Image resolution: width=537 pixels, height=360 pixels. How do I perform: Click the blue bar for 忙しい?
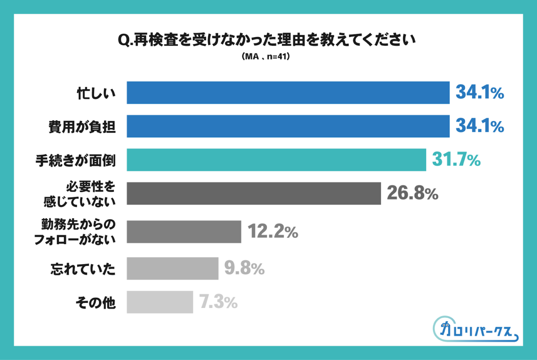288,93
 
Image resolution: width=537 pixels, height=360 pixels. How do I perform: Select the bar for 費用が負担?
288,126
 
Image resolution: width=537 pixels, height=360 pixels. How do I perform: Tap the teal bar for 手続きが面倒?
276,160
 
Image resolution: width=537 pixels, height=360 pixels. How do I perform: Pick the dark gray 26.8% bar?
253,193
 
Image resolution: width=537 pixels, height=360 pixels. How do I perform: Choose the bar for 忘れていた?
172,269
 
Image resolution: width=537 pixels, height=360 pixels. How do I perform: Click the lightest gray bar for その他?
160,302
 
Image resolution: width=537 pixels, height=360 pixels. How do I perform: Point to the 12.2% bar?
184,232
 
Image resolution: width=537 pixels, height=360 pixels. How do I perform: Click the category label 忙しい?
96,93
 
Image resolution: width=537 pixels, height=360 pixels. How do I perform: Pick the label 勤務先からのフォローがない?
78,232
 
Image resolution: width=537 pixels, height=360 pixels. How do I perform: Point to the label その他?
95,303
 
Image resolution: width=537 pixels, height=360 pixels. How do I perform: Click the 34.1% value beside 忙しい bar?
480,93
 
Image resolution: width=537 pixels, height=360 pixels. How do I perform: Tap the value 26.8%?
412,193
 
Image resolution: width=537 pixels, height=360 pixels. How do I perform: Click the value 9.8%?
244,269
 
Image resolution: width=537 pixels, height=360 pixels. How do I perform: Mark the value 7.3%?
218,302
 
